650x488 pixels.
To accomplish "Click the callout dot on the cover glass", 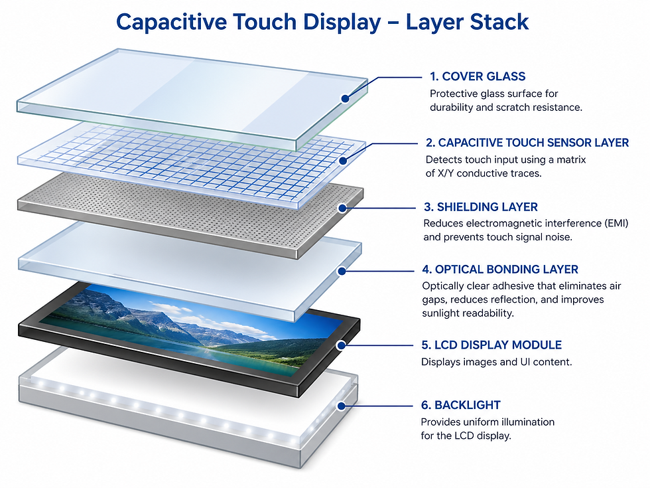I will (x=345, y=98).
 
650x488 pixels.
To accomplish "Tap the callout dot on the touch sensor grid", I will (x=343, y=161).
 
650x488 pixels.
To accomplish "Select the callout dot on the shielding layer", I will (x=343, y=208).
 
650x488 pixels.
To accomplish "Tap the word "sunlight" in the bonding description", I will (x=442, y=313).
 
